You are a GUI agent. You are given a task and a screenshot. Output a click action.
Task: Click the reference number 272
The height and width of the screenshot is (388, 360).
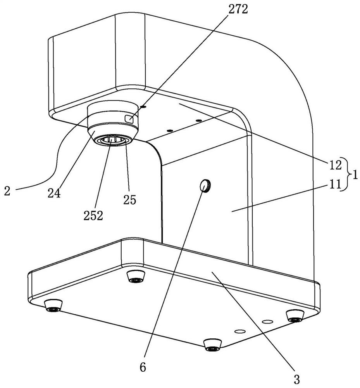(238, 9)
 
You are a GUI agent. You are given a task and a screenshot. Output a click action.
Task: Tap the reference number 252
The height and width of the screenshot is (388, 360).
(93, 216)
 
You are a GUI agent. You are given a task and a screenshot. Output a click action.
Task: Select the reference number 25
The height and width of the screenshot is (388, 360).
(130, 200)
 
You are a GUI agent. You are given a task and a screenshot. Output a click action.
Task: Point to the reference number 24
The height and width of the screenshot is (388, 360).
(54, 193)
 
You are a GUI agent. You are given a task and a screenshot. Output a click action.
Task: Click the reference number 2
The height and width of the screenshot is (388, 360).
(7, 191)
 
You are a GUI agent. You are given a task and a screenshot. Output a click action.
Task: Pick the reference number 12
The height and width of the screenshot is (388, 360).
(335, 165)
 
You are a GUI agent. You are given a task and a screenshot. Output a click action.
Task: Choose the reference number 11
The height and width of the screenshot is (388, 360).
(335, 184)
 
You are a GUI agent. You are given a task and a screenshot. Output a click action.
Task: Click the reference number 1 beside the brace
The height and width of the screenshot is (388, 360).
(355, 175)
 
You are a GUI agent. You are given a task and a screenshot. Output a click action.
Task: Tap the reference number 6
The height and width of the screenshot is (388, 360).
(143, 367)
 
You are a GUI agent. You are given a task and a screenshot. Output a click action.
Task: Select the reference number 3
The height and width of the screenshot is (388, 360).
(296, 379)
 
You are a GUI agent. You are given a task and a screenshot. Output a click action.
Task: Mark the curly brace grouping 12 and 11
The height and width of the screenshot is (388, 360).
(346, 175)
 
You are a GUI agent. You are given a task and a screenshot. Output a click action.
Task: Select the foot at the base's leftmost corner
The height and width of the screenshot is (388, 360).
(53, 306)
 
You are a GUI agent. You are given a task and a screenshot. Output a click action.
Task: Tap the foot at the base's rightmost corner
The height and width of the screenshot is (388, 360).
(295, 316)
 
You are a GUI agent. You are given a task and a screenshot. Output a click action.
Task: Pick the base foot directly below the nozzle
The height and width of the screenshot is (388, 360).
(136, 276)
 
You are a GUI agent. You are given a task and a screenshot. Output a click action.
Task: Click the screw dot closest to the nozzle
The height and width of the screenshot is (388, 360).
(143, 107)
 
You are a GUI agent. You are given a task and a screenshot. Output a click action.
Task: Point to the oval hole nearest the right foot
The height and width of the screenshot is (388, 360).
(268, 322)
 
